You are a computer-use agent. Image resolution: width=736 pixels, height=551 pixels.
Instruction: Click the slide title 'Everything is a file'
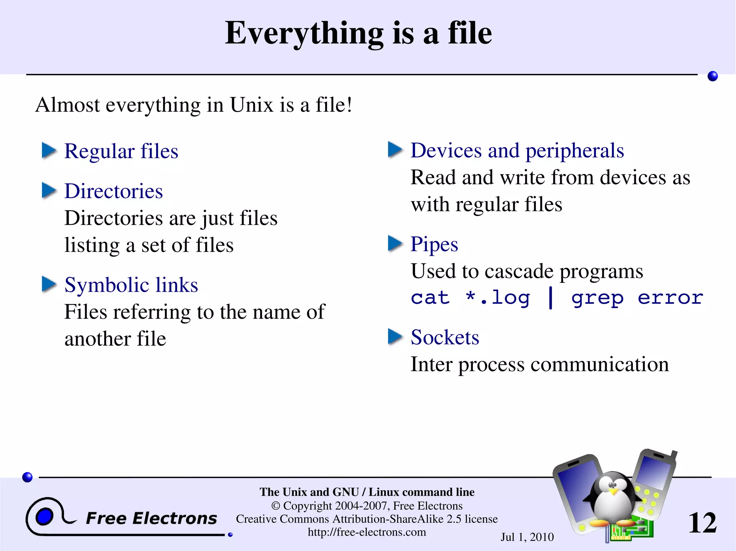click(358, 33)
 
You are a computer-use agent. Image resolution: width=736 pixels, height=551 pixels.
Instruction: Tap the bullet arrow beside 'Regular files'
click(49, 150)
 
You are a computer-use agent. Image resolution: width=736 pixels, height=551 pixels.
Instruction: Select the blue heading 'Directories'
click(114, 191)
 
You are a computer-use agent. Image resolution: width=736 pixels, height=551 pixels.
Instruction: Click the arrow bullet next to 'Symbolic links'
click(49, 284)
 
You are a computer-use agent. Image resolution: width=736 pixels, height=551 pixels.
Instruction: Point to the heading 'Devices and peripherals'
click(517, 150)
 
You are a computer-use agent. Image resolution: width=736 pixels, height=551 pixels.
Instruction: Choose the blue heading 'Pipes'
click(434, 244)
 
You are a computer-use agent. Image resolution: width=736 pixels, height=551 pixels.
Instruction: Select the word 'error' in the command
click(670, 298)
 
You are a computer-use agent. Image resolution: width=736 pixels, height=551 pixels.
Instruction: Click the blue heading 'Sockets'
click(445, 337)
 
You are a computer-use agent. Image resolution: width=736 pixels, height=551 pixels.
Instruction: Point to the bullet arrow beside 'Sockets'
click(395, 337)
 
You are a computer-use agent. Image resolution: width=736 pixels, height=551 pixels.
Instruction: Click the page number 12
click(702, 523)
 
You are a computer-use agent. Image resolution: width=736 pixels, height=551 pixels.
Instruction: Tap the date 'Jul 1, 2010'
click(527, 537)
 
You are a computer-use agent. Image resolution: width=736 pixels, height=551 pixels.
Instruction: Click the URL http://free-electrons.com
click(367, 532)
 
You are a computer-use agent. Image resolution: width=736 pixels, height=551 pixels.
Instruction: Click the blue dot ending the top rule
click(713, 76)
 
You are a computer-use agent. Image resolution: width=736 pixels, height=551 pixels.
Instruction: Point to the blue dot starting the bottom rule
click(27, 477)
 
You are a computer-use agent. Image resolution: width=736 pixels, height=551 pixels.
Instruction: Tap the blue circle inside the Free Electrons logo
click(44, 517)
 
